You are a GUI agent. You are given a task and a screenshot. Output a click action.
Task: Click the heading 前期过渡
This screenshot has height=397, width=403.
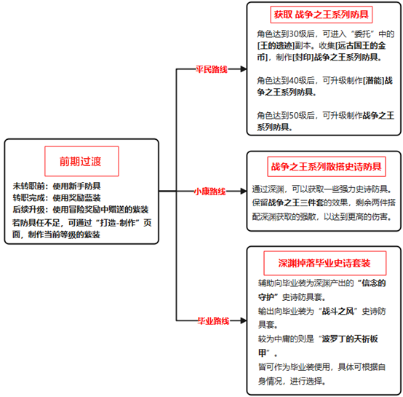pos(81,161)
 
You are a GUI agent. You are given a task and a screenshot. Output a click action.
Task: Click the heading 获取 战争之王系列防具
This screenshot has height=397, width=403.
pos(322,15)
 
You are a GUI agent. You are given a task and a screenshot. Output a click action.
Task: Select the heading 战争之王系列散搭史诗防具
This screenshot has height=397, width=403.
pos(327,167)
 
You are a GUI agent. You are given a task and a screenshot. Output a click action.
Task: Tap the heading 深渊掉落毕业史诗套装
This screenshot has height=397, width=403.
pos(324,263)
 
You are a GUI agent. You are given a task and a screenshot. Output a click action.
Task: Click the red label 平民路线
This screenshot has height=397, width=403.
pos(212,69)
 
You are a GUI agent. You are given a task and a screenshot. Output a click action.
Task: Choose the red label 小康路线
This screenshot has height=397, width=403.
pos(210,192)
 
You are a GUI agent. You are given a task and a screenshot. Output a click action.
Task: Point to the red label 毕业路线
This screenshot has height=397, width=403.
pos(213,321)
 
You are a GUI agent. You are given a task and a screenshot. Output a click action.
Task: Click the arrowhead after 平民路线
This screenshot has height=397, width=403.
pos(244,69)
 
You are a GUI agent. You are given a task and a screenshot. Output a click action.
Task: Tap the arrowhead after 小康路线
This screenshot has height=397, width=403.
pos(244,191)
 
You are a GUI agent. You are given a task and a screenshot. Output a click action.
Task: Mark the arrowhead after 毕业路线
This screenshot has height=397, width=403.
pos(244,321)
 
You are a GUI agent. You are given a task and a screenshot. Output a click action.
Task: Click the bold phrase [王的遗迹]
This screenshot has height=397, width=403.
pos(276,46)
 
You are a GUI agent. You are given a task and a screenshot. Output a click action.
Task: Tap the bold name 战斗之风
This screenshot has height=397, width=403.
pos(338,311)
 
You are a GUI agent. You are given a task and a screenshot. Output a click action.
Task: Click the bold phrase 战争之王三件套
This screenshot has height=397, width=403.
pos(296,203)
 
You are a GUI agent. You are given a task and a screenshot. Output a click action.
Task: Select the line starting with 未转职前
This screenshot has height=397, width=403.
pos(57,186)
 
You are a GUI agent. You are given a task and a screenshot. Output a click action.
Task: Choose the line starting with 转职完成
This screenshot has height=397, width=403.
pos(57,197)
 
